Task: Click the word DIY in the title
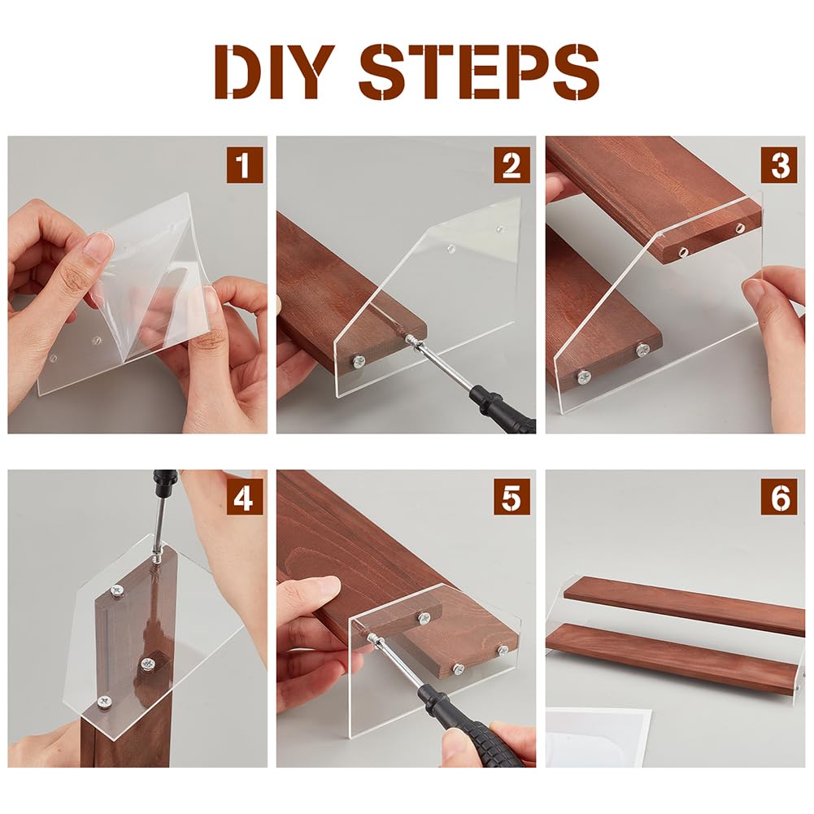275,72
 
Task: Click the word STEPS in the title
479,72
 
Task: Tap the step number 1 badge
245,164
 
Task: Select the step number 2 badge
511,164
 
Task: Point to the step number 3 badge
779,164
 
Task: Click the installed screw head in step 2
358,362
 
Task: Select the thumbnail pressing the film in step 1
98,246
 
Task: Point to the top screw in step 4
117,590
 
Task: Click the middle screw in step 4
149,663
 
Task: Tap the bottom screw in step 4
104,702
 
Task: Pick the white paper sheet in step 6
598,738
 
